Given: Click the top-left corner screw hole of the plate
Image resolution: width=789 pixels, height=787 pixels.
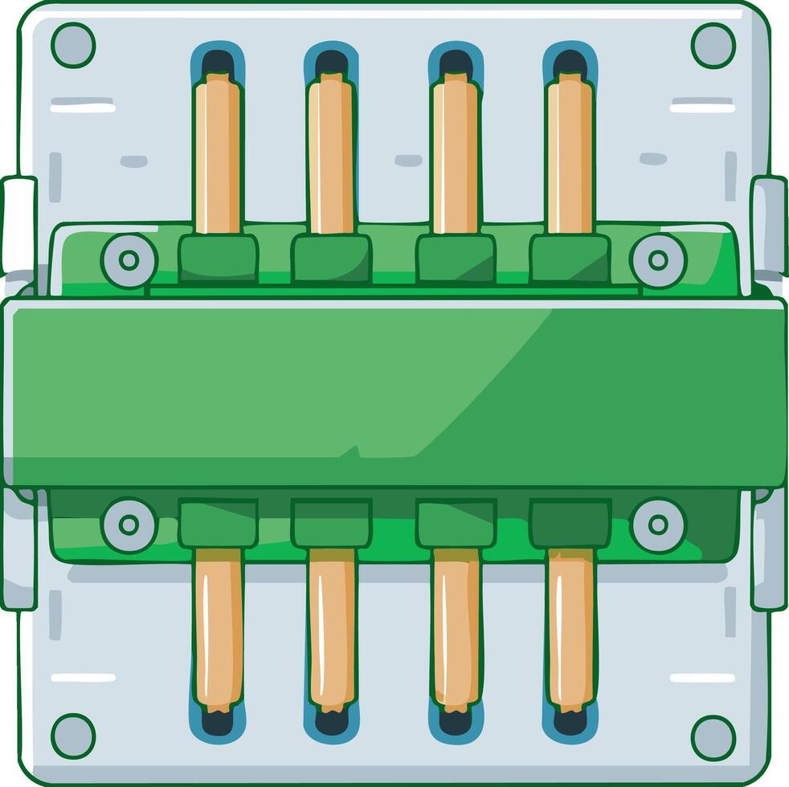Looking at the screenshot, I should tap(73, 45).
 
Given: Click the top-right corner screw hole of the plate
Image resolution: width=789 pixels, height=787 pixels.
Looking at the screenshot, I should tap(713, 45).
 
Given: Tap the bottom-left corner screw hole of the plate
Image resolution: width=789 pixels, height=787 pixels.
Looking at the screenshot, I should tap(73, 736).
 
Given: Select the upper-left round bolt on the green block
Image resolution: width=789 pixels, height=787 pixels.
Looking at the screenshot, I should tap(129, 260).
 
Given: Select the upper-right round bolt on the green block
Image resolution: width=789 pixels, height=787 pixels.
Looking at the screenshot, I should tap(658, 260).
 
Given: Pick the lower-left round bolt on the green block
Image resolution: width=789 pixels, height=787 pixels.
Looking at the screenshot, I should tap(129, 525).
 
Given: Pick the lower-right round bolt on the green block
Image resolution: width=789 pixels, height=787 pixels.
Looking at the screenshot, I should tap(658, 525).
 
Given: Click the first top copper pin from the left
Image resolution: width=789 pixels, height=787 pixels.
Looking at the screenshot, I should tap(218, 153).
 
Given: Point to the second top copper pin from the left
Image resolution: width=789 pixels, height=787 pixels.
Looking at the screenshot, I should tap(331, 153).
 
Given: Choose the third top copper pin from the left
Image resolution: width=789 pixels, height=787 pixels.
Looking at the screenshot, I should tap(455, 153).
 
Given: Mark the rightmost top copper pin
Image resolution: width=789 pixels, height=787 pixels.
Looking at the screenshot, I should tap(570, 153).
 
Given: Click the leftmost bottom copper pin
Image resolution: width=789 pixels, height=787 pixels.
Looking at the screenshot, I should tap(218, 630).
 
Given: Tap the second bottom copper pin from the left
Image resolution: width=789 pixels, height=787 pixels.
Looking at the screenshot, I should tap(331, 630).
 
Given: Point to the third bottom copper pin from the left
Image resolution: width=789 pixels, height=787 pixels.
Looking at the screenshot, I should tap(456, 630).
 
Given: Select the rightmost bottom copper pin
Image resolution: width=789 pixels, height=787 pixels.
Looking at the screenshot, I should tap(570, 630).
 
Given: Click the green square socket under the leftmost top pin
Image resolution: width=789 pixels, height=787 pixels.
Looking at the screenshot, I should tap(218, 259).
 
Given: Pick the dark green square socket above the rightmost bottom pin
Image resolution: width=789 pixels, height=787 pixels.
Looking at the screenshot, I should tap(570, 523).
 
